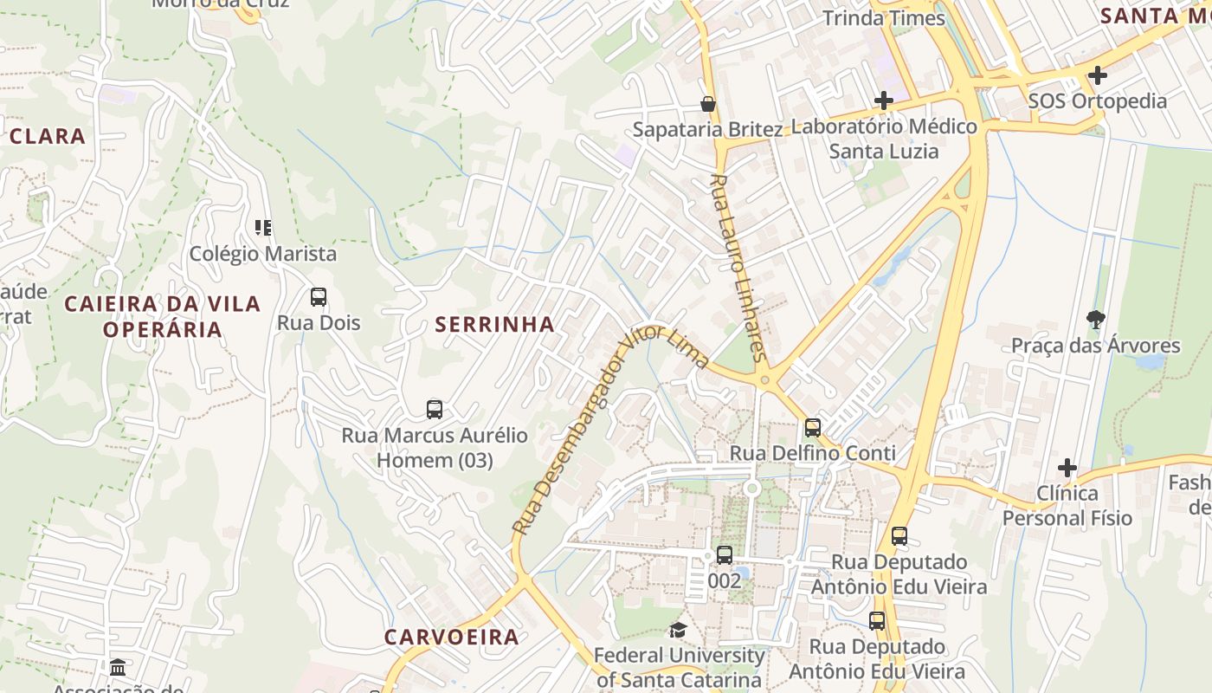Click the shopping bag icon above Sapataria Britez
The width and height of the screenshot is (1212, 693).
pyautogui.click(x=708, y=105)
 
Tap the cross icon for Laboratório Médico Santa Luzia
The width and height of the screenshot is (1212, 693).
pyautogui.click(x=883, y=100)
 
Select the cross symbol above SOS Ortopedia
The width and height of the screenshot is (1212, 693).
pyautogui.click(x=1097, y=75)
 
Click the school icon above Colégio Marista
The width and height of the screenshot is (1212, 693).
pyautogui.click(x=263, y=228)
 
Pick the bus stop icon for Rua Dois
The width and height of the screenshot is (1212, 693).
pyautogui.click(x=319, y=297)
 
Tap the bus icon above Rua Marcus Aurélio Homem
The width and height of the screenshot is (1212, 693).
pyautogui.click(x=435, y=409)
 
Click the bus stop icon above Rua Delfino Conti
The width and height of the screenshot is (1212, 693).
pyautogui.click(x=812, y=427)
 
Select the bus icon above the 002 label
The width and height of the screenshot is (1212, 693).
pyautogui.click(x=725, y=554)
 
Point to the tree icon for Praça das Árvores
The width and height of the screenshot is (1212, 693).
pyautogui.click(x=1095, y=320)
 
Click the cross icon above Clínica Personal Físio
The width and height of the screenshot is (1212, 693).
pyautogui.click(x=1067, y=468)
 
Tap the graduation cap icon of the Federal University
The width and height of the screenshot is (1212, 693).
pyautogui.click(x=678, y=630)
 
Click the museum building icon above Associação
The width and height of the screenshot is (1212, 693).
pyautogui.click(x=118, y=667)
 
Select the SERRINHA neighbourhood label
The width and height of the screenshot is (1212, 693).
pyautogui.click(x=494, y=325)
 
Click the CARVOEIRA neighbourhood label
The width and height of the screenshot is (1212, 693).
pyautogui.click(x=451, y=638)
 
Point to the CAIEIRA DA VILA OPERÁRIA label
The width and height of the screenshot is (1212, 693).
pyautogui.click(x=162, y=316)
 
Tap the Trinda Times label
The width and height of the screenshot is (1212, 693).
pyautogui.click(x=883, y=17)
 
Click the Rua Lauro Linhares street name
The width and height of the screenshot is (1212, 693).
pyautogui.click(x=738, y=267)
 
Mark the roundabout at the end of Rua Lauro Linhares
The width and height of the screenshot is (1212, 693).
pyautogui.click(x=764, y=379)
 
